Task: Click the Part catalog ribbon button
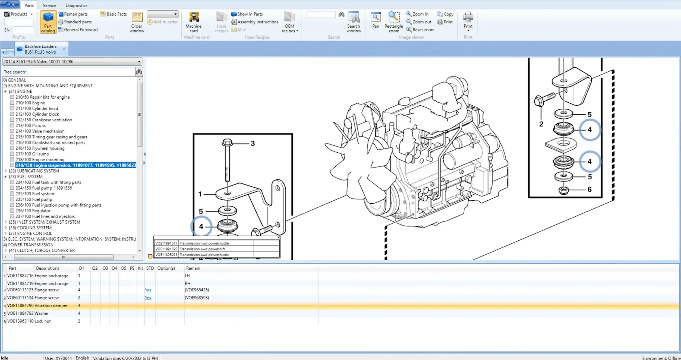point(48,22)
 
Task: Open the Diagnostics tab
point(76,5)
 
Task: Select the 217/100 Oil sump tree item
point(32,154)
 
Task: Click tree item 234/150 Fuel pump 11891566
point(44,188)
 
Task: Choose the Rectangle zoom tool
point(394,22)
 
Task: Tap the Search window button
point(354,22)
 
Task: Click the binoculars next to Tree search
point(139,72)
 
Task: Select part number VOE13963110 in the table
point(20,321)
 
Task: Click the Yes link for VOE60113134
point(148,298)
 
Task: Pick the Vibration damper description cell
point(51,305)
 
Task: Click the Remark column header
point(193,268)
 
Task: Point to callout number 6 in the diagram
point(589,189)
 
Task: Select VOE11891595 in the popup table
point(166,249)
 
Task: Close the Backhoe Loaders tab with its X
point(64,49)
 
